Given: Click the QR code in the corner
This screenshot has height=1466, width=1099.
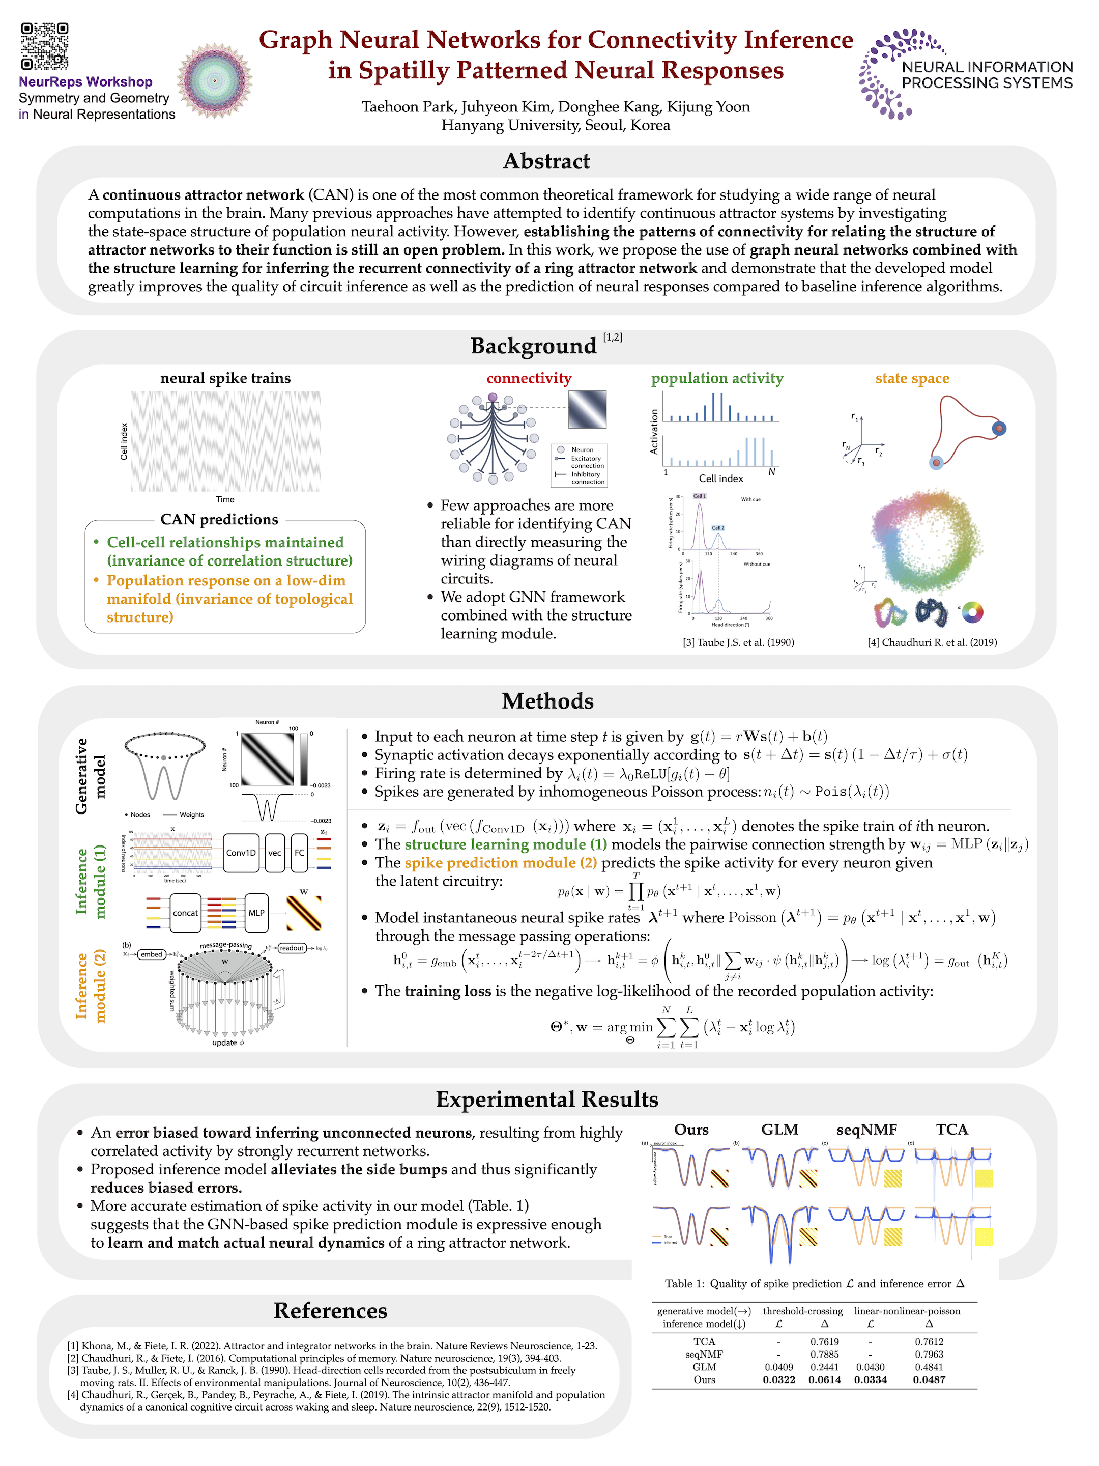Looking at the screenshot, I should click(x=44, y=46).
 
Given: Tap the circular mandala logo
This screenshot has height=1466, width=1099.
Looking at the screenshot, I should click(x=215, y=81).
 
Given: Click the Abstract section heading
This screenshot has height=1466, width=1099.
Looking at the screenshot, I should click(x=546, y=161).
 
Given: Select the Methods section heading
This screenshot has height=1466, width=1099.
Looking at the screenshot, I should click(x=547, y=701).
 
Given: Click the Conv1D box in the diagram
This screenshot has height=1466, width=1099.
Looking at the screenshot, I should click(x=241, y=853).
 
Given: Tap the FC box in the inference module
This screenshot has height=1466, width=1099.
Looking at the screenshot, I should click(x=299, y=853).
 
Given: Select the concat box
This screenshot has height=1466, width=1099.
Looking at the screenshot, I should click(x=186, y=913).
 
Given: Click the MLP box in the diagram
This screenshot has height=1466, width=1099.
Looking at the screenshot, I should click(x=256, y=913).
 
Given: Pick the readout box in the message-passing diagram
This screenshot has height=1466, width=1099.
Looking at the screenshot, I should click(x=292, y=948).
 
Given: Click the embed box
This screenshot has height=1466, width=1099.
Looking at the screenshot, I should click(x=151, y=954).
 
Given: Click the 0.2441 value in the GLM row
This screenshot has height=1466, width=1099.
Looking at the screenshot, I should click(x=824, y=1367).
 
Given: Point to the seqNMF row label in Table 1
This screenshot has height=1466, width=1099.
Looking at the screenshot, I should click(x=704, y=1354).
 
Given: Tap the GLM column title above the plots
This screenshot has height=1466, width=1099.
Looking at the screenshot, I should click(x=779, y=1130).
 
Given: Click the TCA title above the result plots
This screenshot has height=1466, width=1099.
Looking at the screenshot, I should click(x=952, y=1130).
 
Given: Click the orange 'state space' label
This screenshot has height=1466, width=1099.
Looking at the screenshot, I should click(x=912, y=378).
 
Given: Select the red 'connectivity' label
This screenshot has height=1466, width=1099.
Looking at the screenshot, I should click(x=529, y=378).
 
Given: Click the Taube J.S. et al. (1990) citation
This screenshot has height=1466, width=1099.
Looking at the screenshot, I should click(x=738, y=642).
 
